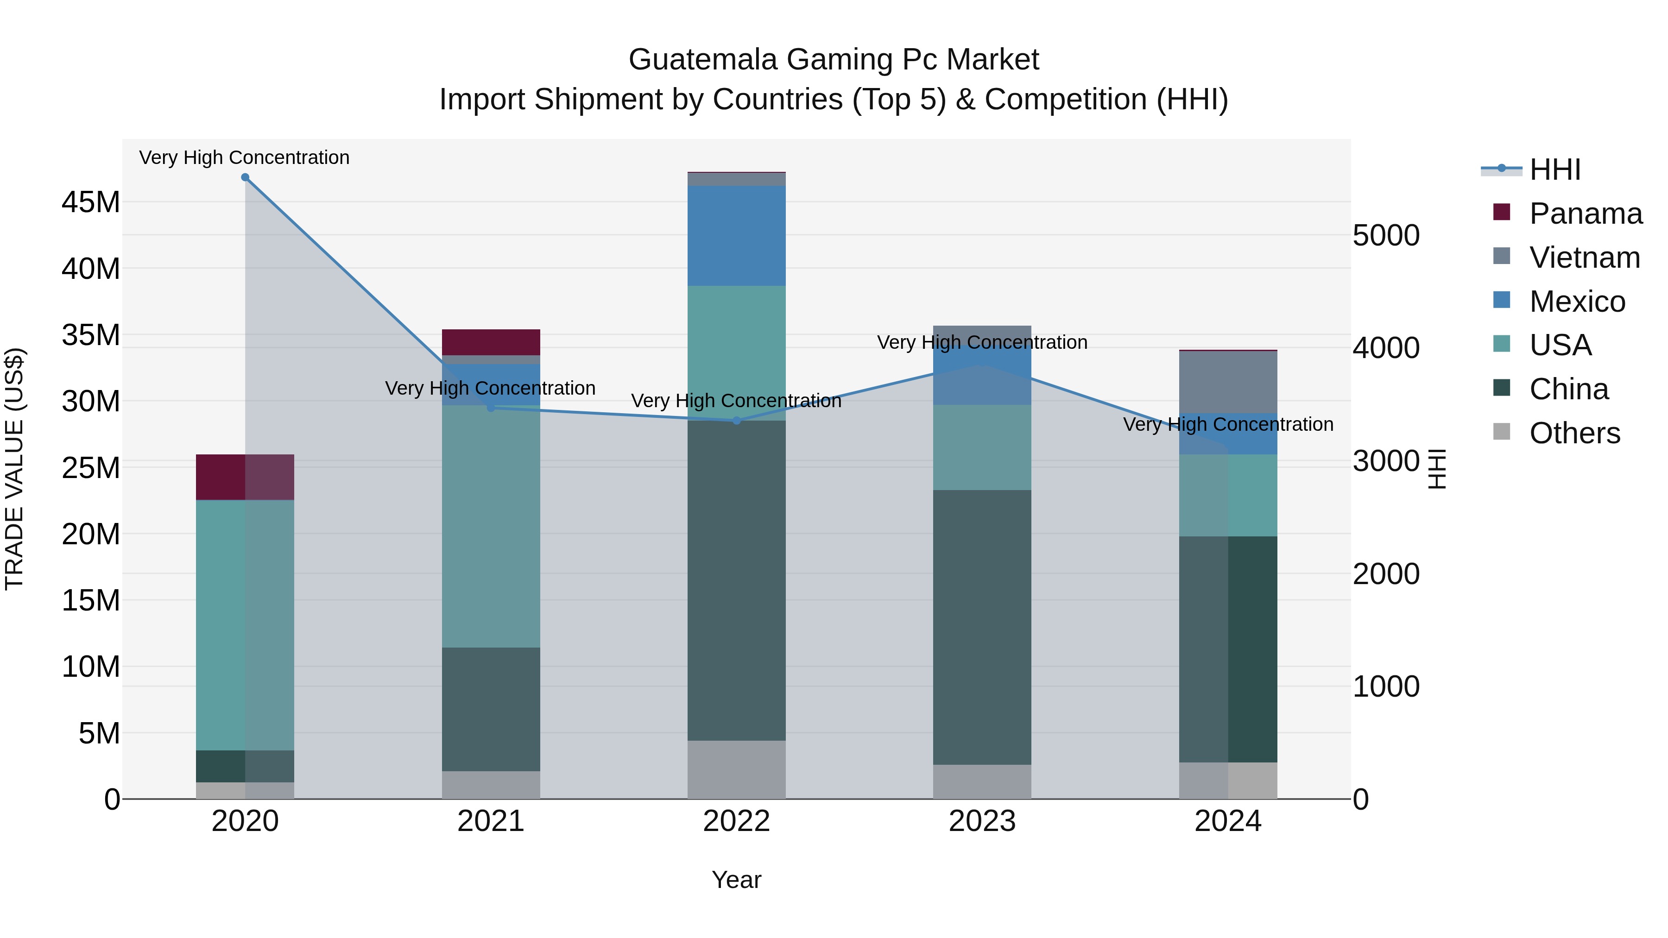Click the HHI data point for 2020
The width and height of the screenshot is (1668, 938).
coord(245,177)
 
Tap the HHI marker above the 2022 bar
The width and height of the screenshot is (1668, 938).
coord(736,421)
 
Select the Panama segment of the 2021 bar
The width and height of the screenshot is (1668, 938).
coord(491,342)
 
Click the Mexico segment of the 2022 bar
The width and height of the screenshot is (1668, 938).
coord(736,236)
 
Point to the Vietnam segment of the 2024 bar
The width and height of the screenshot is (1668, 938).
coord(1228,382)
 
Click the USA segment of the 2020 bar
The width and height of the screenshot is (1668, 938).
coord(245,625)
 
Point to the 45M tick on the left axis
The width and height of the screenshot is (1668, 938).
coord(91,202)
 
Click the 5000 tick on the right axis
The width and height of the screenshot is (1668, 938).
coord(1386,235)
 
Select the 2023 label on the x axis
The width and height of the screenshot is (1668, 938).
coord(982,821)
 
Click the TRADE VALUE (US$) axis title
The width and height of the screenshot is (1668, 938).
coord(14,469)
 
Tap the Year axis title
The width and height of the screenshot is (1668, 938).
coord(736,880)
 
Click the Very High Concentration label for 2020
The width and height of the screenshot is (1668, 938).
coord(244,157)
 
